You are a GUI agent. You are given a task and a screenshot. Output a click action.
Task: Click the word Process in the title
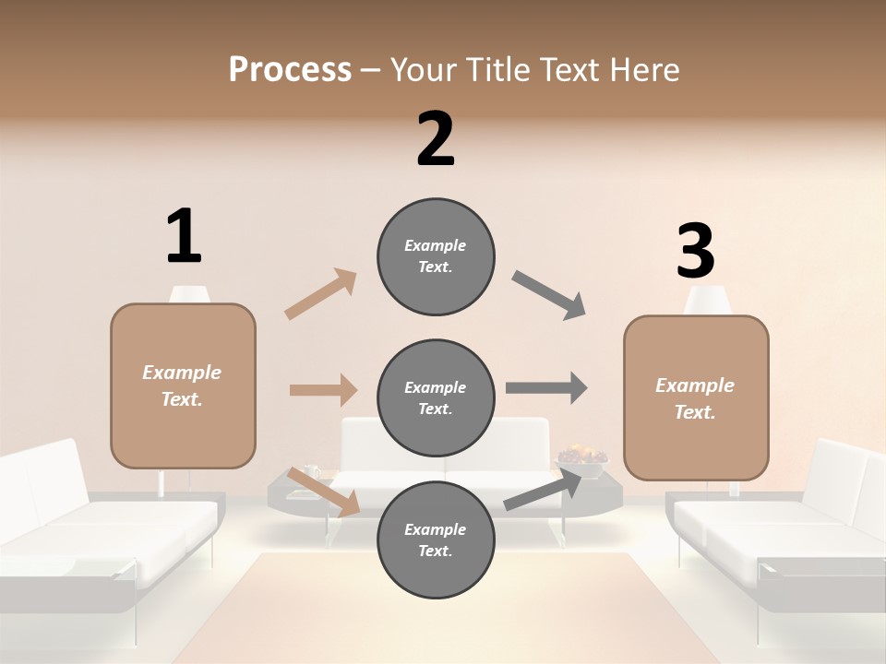point(290,69)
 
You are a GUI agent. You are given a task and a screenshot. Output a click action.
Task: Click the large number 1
point(184,236)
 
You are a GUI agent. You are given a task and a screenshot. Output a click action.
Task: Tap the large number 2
point(436,139)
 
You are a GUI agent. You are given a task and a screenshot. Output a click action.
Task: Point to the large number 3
point(695,252)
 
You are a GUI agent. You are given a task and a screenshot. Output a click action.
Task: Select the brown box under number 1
point(183,385)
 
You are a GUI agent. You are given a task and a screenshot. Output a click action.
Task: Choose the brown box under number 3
point(696,397)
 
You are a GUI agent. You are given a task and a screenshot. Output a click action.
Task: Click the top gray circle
point(436,255)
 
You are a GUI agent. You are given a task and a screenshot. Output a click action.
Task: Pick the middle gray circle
point(436,397)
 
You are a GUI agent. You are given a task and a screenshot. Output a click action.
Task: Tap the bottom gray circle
point(436,539)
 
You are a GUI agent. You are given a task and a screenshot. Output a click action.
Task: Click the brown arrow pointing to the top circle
point(321,294)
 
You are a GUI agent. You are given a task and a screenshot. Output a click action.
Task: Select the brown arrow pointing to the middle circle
point(323,390)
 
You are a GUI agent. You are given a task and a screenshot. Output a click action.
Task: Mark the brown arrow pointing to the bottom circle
point(323,492)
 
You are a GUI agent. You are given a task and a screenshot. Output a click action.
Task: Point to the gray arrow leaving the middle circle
point(546,388)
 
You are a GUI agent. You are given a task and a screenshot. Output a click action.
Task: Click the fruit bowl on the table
point(581,456)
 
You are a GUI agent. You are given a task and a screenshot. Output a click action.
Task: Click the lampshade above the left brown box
point(189,294)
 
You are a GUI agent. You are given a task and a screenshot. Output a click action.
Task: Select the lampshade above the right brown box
point(708,300)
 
